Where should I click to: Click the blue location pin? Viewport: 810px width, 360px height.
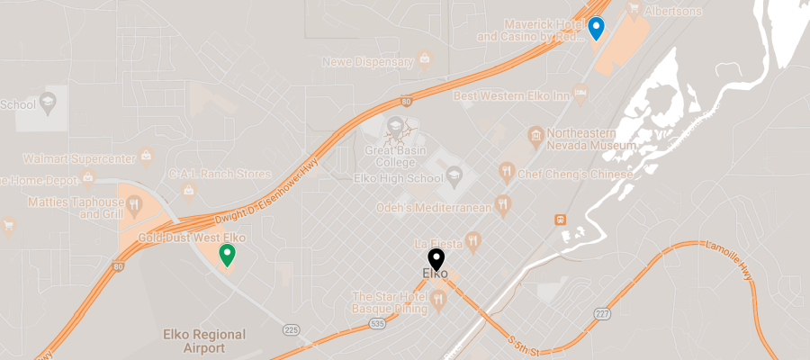coord(596,28)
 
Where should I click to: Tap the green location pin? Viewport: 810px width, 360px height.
coord(228,256)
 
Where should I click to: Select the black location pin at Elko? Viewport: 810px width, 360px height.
coord(436,259)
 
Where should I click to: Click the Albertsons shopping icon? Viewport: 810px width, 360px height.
coord(633,10)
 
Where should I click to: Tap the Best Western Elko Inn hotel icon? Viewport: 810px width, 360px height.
coord(581,94)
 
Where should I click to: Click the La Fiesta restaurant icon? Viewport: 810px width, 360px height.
coord(473,240)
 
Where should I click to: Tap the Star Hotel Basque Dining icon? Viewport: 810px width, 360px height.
coord(439,301)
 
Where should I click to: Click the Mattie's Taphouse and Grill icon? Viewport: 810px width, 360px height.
coord(135,204)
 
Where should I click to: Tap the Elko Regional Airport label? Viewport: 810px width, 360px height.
coord(204,340)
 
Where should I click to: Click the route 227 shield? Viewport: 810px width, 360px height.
coord(602,313)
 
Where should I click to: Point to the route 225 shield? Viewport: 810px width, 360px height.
coord(291,328)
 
